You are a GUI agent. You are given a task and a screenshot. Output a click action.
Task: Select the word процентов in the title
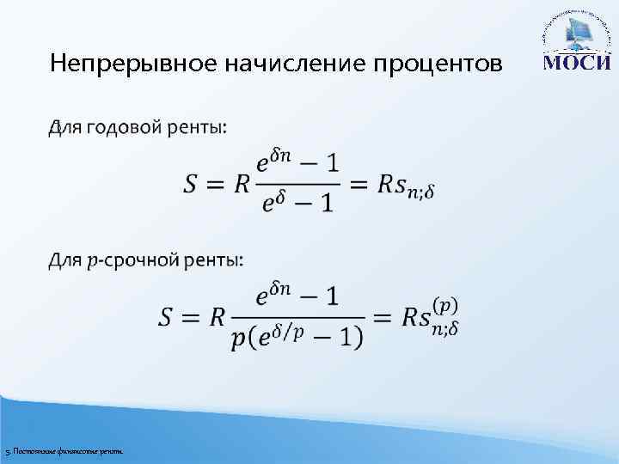click(438, 64)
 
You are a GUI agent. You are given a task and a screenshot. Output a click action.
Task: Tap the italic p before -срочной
click(93, 261)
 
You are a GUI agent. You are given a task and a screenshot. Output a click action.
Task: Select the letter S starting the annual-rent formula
click(193, 183)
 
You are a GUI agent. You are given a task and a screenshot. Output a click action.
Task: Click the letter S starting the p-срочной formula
click(169, 316)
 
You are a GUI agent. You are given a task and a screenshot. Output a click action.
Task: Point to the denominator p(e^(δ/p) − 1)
click(297, 336)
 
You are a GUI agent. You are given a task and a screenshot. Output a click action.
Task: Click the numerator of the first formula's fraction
click(297, 161)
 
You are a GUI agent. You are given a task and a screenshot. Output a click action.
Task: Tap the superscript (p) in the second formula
click(444, 304)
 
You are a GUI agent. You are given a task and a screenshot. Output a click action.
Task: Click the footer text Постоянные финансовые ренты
click(65, 451)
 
